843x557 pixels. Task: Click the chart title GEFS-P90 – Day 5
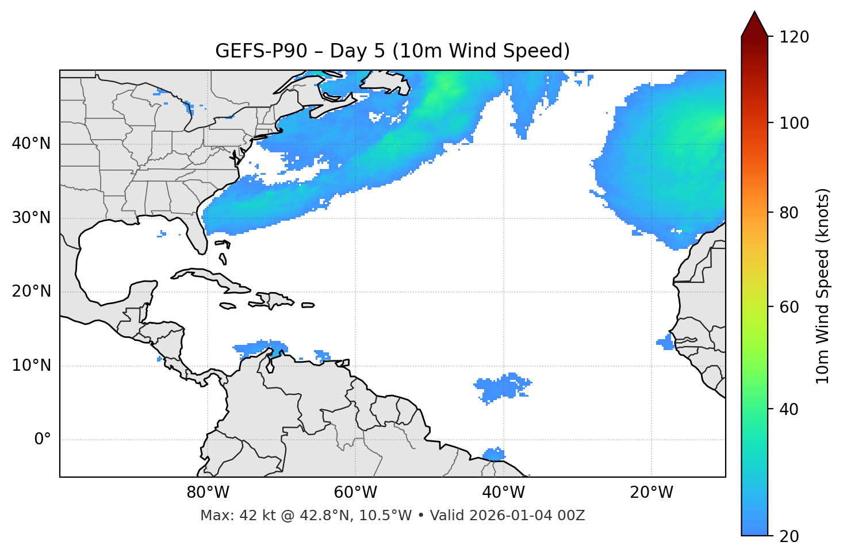tap(392, 51)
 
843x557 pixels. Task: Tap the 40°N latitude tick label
tap(31, 144)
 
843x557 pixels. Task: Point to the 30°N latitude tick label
tap(31, 218)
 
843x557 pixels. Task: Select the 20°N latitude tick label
tap(31, 291)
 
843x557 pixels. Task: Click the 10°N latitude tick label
tap(31, 366)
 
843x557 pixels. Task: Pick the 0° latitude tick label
tap(43, 440)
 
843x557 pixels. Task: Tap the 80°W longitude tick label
tap(208, 493)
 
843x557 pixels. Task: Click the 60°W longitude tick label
tap(355, 493)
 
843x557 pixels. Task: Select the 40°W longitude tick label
tap(503, 493)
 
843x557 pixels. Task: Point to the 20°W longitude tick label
tap(651, 493)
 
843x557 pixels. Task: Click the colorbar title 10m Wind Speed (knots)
tap(823, 286)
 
